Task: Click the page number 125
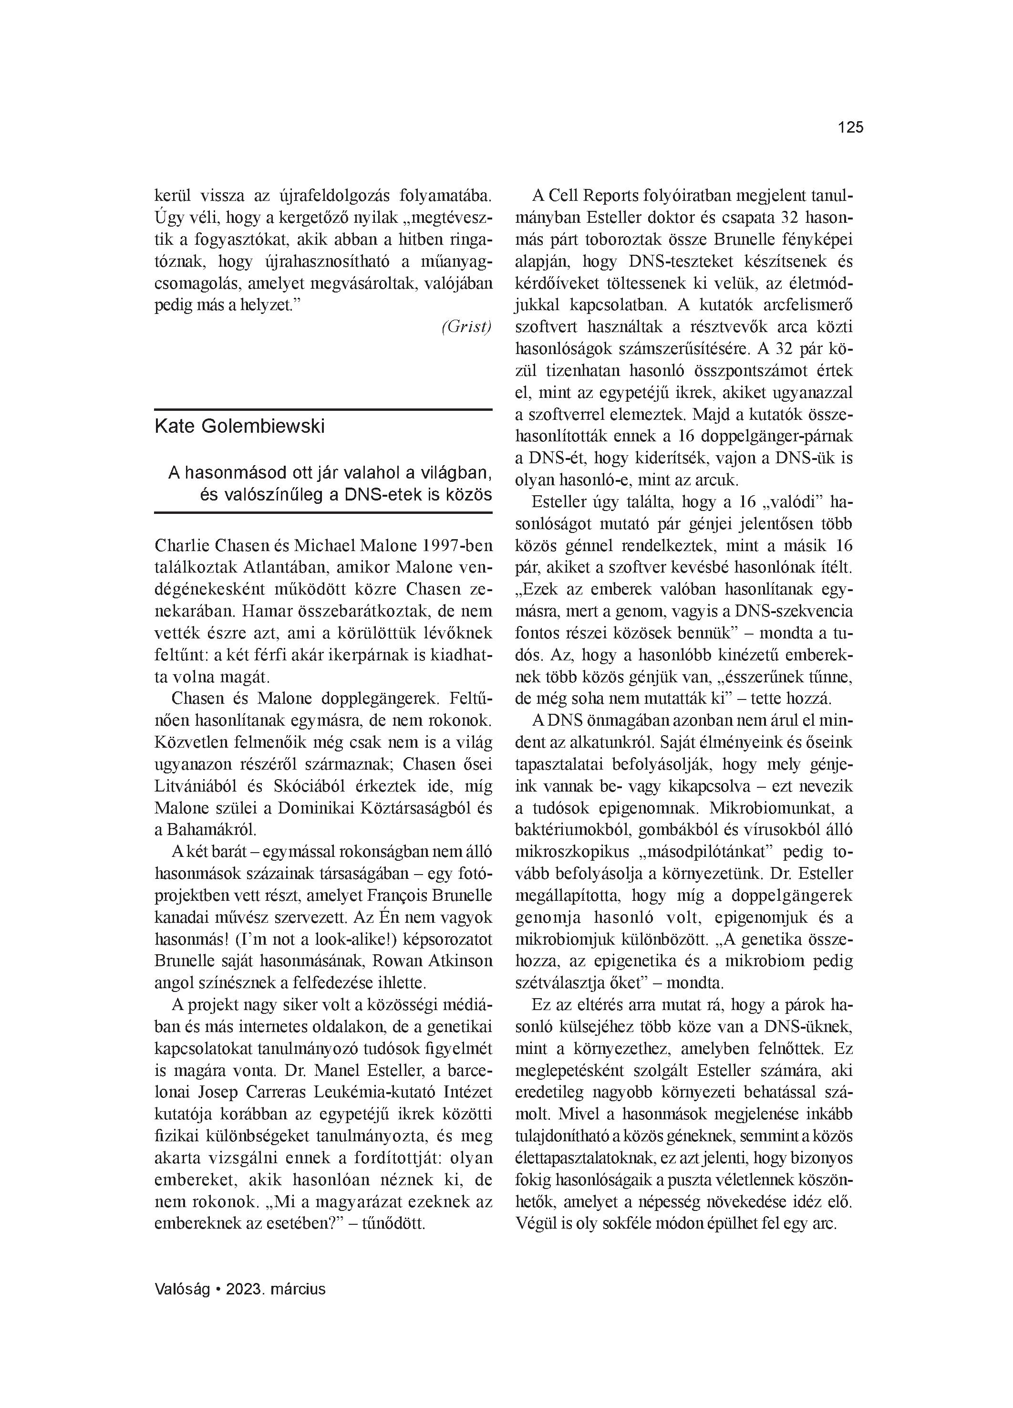[x=850, y=128]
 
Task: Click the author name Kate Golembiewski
[x=239, y=427]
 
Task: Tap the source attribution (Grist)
[x=466, y=327]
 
